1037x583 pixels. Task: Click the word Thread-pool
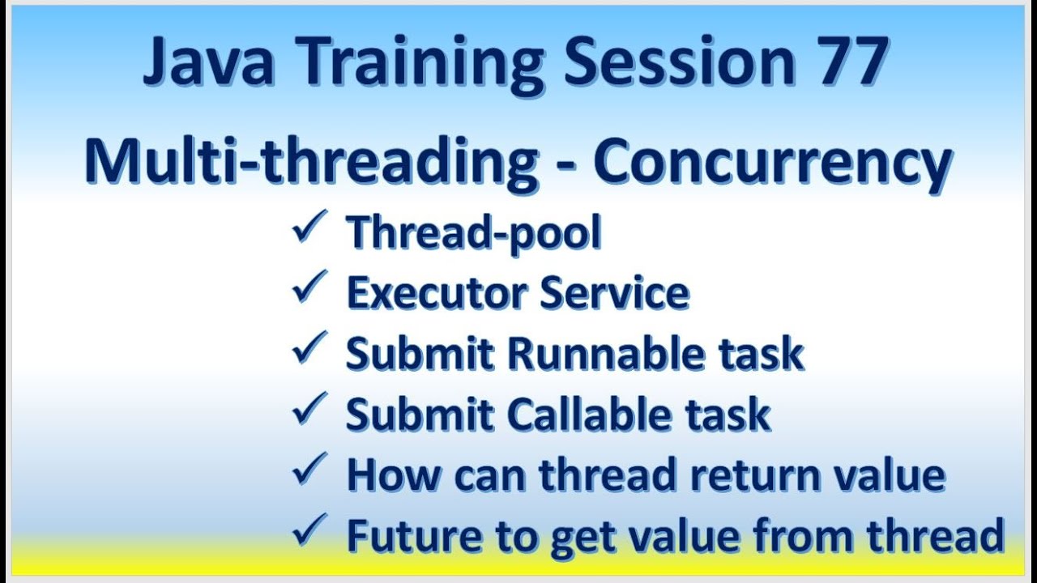click(474, 233)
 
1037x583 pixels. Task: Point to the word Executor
click(437, 293)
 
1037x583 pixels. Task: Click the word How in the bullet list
click(394, 476)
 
